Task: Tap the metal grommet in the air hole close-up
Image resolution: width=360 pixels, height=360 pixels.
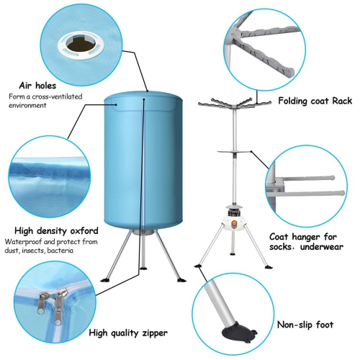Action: coord(74,45)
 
